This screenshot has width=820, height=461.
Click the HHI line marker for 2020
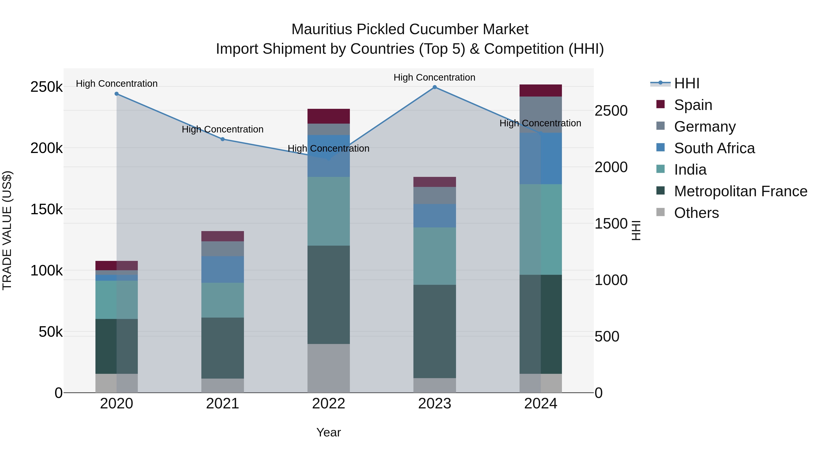click(x=116, y=94)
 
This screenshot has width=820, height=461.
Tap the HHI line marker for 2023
click(x=435, y=87)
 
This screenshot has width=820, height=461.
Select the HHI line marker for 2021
click(x=223, y=139)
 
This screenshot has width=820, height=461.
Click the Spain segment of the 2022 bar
click(x=328, y=116)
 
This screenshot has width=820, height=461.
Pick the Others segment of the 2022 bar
click(x=328, y=368)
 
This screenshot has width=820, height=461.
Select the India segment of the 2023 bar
click(x=435, y=256)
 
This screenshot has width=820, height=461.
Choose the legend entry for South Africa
click(x=714, y=148)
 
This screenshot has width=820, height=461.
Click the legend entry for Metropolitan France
click(x=741, y=191)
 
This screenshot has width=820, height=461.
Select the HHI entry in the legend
click(x=686, y=83)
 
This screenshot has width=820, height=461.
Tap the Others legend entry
click(x=696, y=213)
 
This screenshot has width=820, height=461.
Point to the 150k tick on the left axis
click(x=46, y=209)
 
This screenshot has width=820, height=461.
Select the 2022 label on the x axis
click(x=328, y=404)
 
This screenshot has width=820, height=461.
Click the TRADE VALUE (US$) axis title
click(x=7, y=230)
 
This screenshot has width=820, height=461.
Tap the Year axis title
click(x=328, y=432)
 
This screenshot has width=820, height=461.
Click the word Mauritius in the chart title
click(x=321, y=29)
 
